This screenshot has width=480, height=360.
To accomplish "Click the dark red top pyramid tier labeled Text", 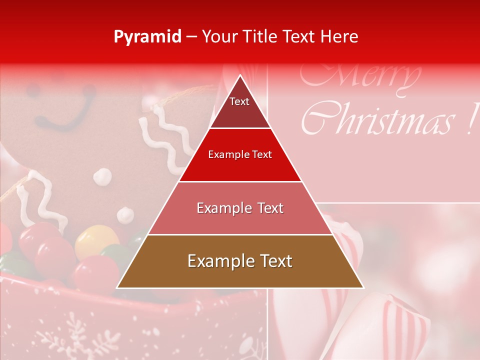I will click(240, 107).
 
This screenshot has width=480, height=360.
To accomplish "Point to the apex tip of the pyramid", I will click(240, 75).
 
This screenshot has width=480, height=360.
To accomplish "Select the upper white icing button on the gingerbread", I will click(102, 175).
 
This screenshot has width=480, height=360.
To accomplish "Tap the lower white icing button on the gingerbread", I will click(125, 215).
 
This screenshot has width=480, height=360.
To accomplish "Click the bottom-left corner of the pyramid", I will click(117, 287).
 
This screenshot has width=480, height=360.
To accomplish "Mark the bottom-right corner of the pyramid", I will click(363, 287).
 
